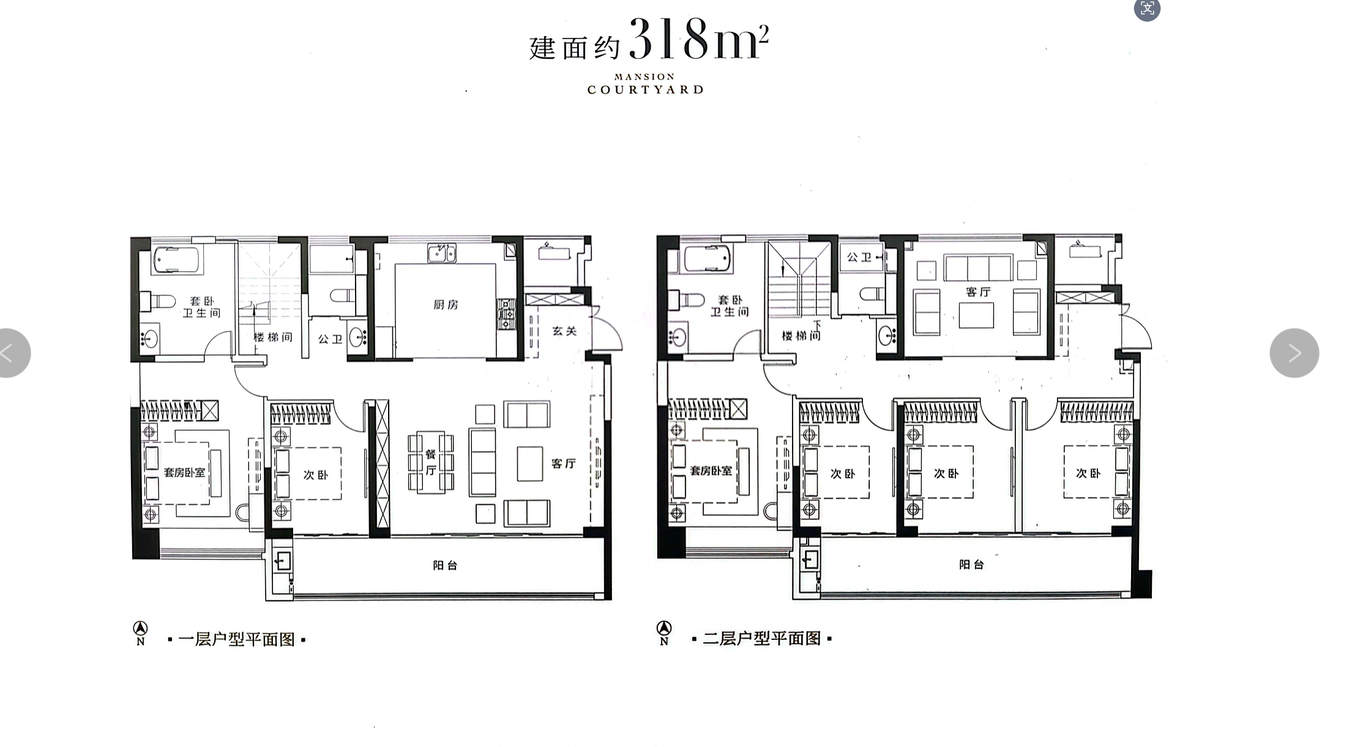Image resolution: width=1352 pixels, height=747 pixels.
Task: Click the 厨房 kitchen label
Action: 446,304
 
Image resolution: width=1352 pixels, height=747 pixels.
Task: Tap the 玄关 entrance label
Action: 564,331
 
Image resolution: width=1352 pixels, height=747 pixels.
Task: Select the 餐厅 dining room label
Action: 431,463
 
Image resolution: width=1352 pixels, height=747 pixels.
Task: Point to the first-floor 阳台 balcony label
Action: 445,565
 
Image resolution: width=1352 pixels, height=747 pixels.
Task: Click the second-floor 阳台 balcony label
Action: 971,564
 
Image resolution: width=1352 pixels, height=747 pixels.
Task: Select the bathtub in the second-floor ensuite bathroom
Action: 708,259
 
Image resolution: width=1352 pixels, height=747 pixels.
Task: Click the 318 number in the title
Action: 669,39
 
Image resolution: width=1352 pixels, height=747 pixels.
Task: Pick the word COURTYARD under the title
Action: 645,90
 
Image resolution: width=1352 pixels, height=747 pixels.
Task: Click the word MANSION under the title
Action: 644,77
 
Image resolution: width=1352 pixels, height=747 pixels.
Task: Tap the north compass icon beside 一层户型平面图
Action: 141,633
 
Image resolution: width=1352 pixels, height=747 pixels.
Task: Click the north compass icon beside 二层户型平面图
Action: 664,633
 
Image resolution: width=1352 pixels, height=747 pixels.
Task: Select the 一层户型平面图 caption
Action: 236,639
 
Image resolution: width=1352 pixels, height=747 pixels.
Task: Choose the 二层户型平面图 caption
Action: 762,639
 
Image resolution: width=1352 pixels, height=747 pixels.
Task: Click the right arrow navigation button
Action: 1294,353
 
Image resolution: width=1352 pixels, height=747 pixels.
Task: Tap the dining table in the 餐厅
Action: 431,462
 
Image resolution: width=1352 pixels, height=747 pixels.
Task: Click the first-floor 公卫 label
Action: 330,339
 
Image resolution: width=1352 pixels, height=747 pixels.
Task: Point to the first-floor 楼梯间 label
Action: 273,337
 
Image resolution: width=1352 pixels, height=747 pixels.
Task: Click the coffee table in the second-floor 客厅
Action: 976,316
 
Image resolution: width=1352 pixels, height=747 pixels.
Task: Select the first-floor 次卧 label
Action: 316,475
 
